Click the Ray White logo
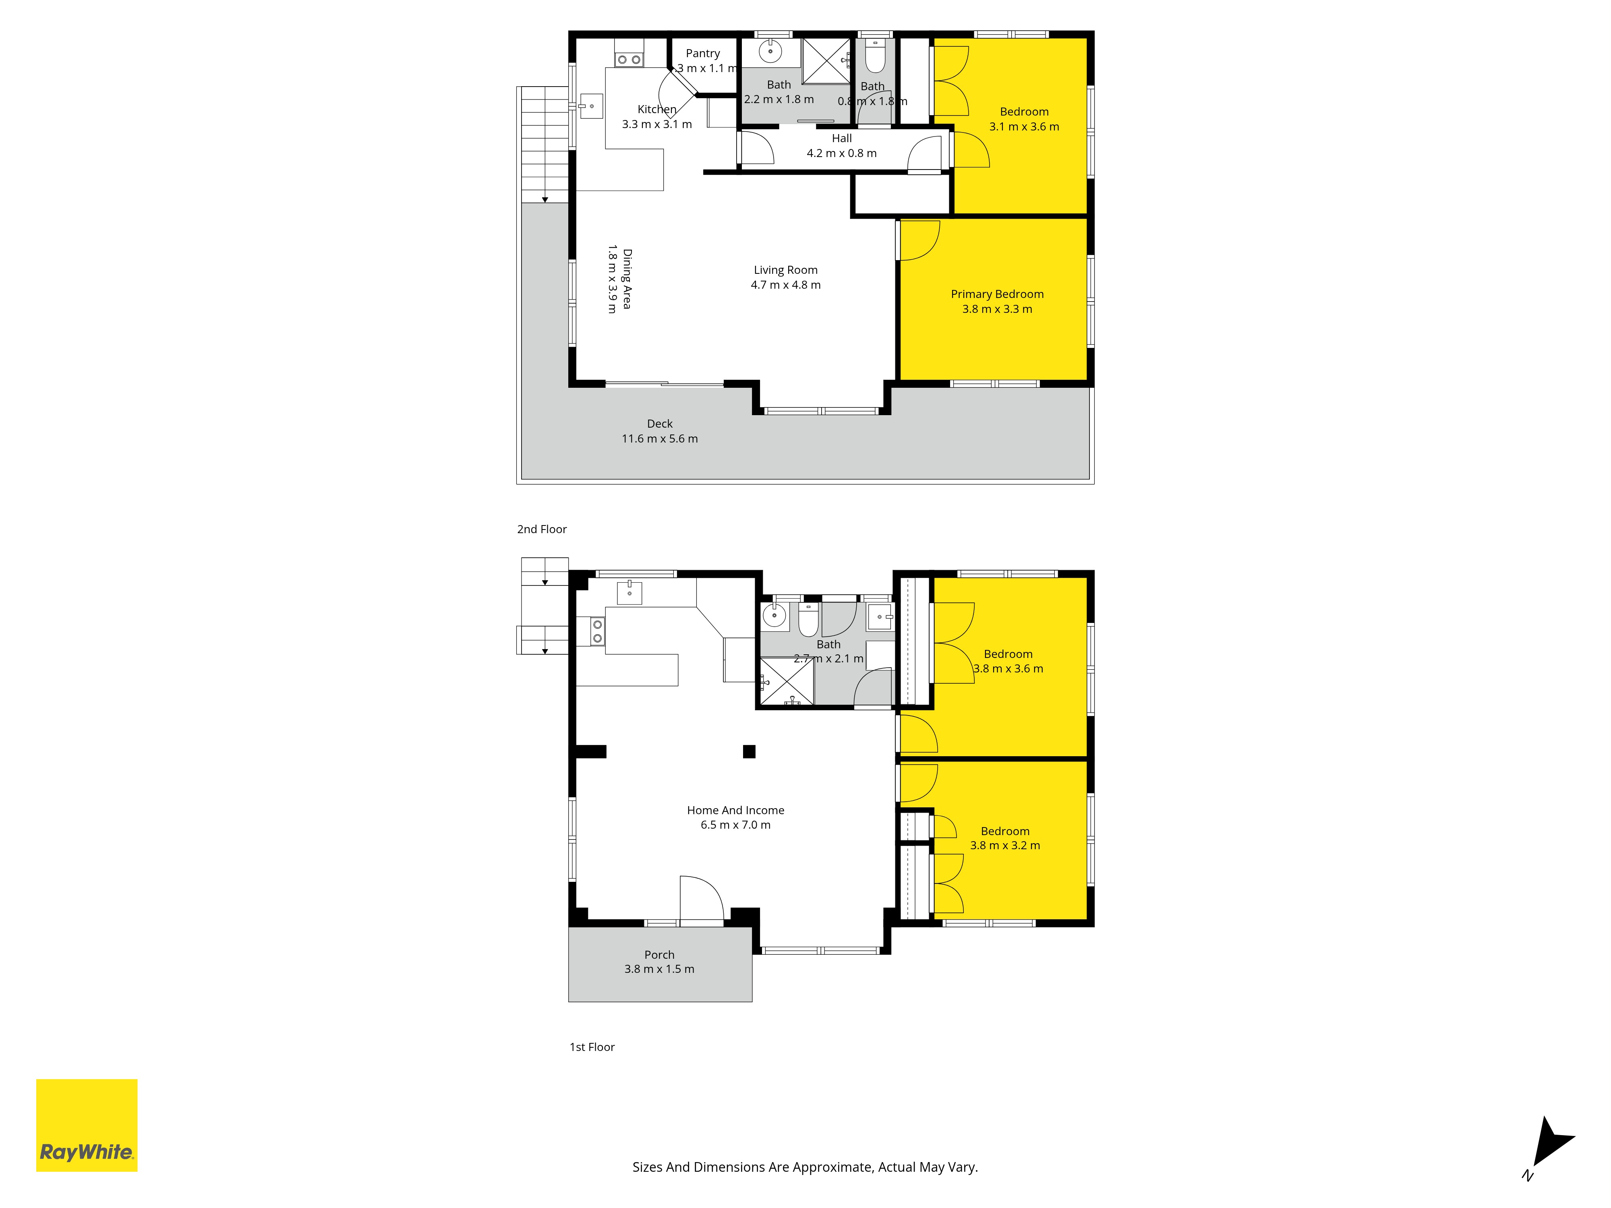(x=87, y=1125)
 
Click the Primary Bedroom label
(x=997, y=294)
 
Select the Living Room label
(x=785, y=270)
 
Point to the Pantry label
(x=703, y=53)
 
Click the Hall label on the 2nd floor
(x=842, y=139)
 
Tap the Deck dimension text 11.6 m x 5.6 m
(x=660, y=439)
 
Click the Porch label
(x=659, y=955)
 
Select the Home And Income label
(x=735, y=811)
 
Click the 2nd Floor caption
(x=542, y=530)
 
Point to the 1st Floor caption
(x=592, y=1047)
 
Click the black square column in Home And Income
(x=749, y=751)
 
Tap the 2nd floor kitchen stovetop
(x=629, y=60)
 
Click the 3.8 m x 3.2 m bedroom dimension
(x=1005, y=845)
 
